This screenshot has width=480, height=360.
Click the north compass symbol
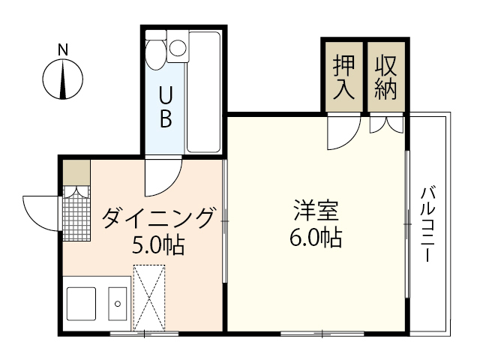click(x=63, y=79)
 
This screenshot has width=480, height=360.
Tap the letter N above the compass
click(x=63, y=50)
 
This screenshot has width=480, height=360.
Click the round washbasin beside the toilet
click(x=178, y=48)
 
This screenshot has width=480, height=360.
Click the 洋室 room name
click(x=315, y=210)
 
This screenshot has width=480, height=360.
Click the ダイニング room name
click(x=159, y=218)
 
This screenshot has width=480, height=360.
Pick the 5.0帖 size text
click(x=159, y=244)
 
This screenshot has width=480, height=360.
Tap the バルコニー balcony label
click(x=429, y=223)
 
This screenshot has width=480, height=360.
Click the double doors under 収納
click(x=388, y=124)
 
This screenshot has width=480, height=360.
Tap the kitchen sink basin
click(x=118, y=304)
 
